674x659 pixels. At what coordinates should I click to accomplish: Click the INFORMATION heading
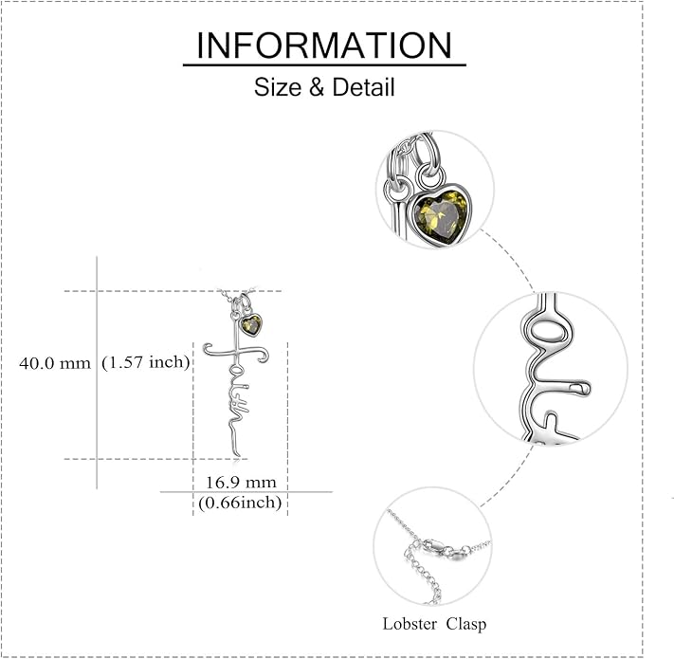(324, 46)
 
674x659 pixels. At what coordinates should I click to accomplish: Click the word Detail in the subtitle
(363, 87)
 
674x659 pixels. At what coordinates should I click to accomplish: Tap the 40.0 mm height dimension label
(55, 363)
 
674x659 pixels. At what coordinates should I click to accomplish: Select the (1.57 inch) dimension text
(146, 363)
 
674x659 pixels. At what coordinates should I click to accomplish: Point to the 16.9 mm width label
(241, 483)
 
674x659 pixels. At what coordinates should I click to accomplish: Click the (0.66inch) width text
(240, 503)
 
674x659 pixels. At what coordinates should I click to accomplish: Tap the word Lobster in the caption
(410, 624)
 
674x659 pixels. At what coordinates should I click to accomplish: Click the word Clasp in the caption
(466, 624)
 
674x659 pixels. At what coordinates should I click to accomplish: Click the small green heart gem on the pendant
(250, 325)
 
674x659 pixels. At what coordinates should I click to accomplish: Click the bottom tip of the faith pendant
(239, 456)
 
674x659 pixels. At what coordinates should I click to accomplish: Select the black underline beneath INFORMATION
(324, 64)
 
